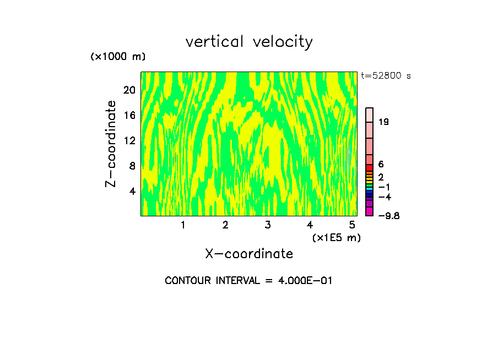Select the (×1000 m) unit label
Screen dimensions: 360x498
tap(117, 57)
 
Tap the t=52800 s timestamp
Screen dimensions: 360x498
tap(386, 76)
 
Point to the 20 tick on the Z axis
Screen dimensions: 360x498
tap(129, 90)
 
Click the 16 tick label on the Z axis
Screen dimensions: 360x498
tap(129, 116)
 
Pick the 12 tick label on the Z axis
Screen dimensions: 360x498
tap(129, 141)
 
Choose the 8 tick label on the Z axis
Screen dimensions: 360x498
tap(132, 166)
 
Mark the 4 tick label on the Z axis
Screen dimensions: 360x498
tap(132, 191)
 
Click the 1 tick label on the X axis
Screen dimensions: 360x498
tap(183, 225)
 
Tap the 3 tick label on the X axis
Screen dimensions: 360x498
tap(268, 225)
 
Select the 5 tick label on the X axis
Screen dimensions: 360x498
tap(352, 225)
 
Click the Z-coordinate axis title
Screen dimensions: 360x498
tap(111, 144)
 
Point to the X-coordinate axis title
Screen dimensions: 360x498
tap(249, 254)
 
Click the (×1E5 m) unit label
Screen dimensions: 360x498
tap(337, 238)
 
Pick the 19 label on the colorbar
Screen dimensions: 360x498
tap(384, 122)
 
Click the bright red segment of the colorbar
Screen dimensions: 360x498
tap(370, 168)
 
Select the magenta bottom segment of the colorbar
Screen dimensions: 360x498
tap(370, 211)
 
